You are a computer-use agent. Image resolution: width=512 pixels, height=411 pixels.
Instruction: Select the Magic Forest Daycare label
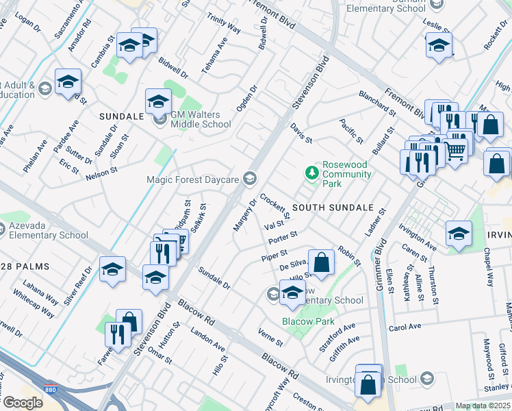192,179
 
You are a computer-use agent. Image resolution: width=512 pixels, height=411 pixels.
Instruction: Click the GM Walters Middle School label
201,119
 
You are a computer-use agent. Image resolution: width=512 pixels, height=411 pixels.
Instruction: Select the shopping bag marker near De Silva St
321,262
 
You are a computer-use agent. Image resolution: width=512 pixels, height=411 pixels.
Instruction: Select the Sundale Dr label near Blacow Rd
214,279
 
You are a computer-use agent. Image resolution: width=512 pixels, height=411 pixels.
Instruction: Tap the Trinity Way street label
224,25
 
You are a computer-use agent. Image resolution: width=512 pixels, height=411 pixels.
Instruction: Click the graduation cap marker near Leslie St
439,45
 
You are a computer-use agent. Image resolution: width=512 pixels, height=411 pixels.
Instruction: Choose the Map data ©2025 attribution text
483,406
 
